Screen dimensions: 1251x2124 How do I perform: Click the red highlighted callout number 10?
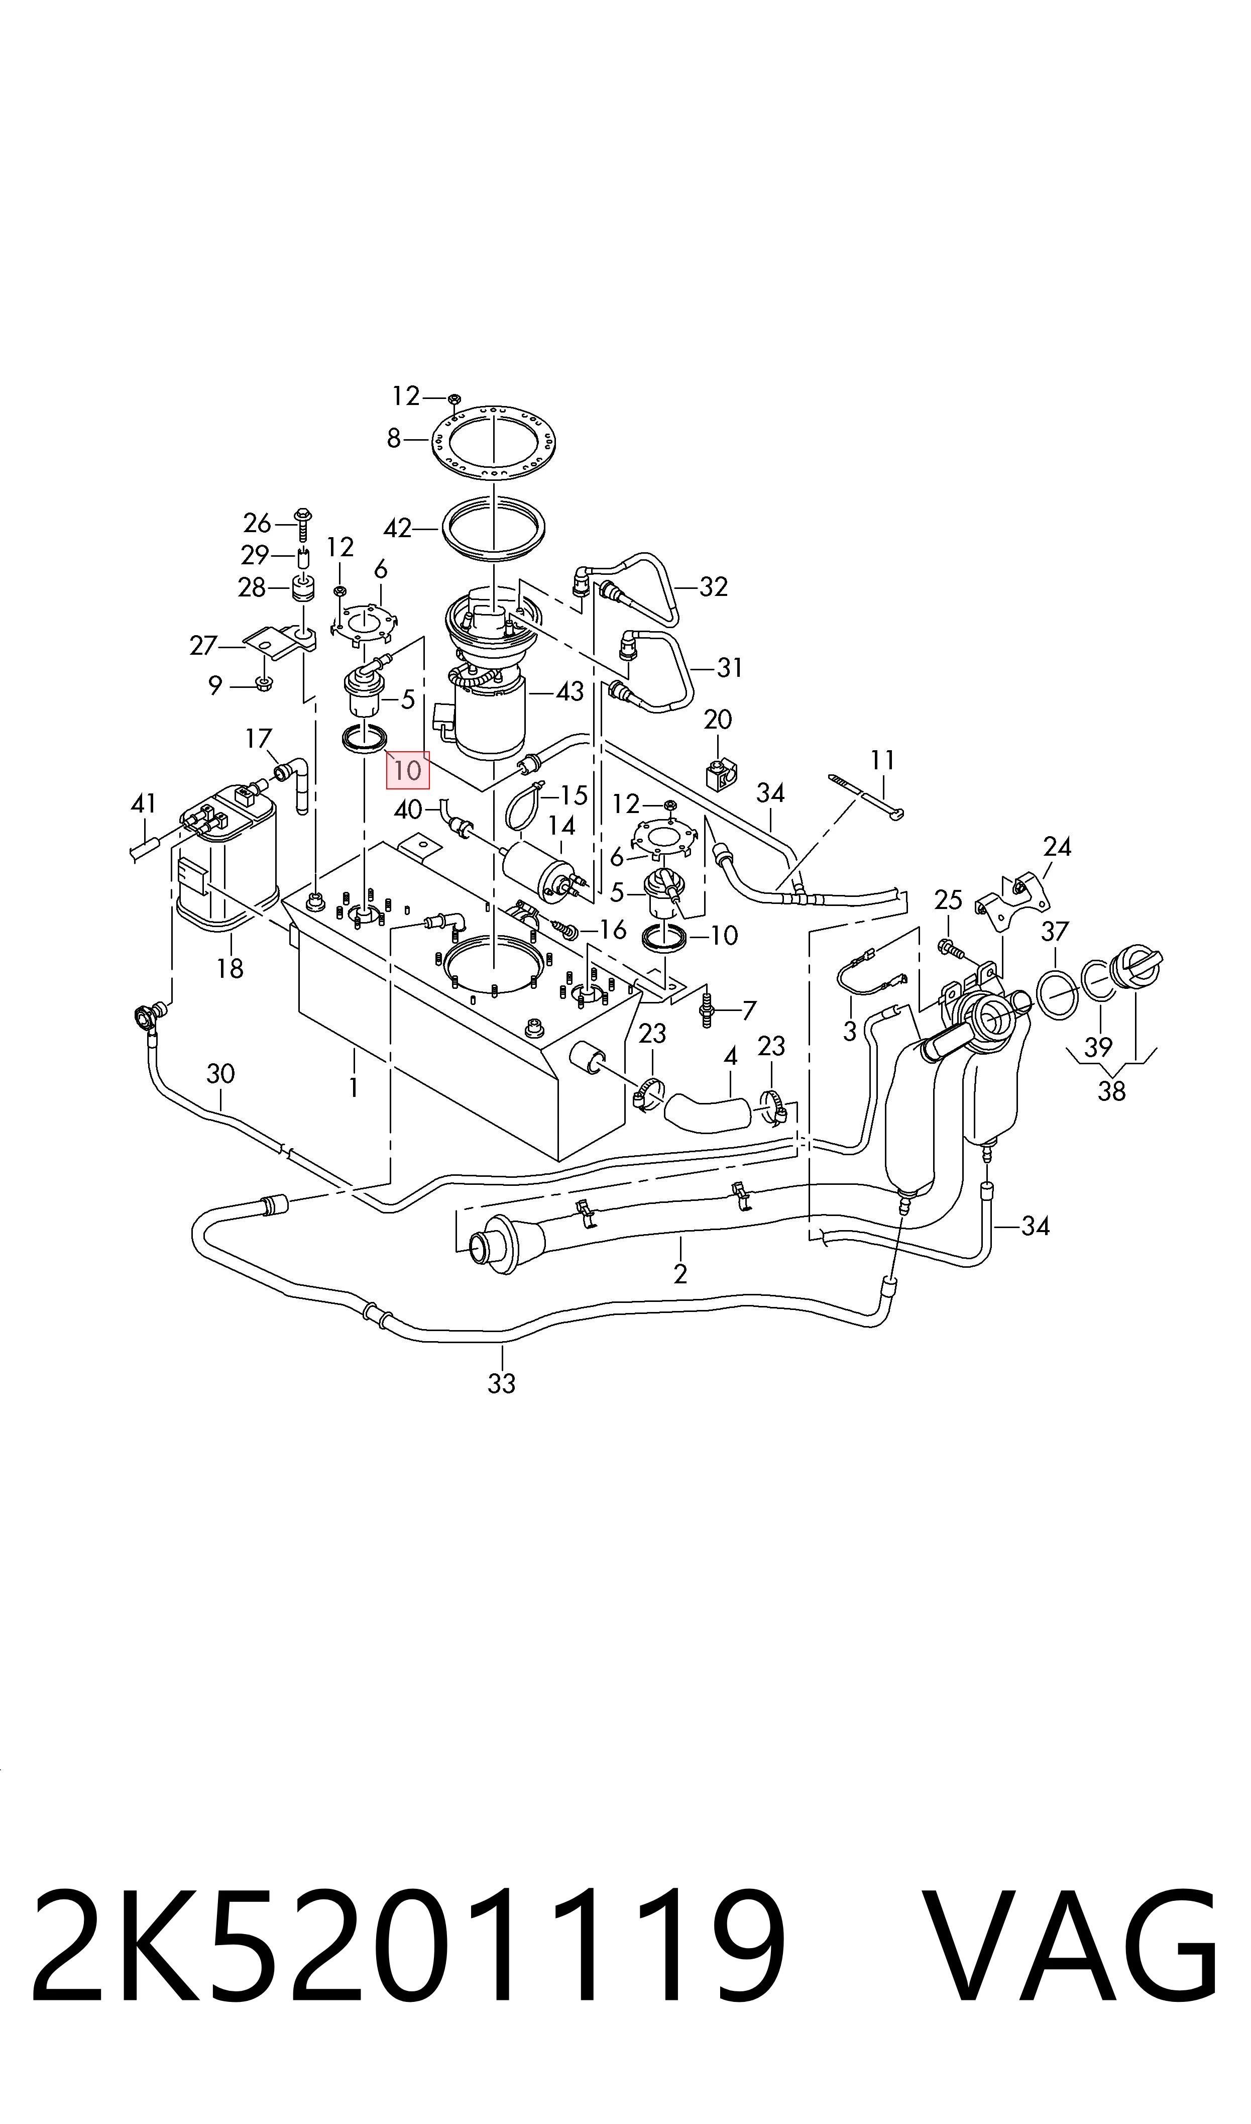click(x=408, y=770)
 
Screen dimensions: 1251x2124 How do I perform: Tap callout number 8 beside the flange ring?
click(x=394, y=439)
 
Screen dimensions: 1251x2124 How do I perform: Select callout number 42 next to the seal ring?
click(x=397, y=529)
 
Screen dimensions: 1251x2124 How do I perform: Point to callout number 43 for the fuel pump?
click(x=570, y=691)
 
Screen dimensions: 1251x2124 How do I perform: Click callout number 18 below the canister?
click(x=230, y=968)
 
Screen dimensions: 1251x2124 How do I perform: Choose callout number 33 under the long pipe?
click(x=502, y=1384)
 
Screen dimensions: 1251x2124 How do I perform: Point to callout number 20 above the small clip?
click(x=718, y=719)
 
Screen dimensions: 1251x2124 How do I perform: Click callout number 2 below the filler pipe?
click(x=681, y=1273)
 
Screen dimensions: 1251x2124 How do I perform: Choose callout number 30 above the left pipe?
click(x=221, y=1074)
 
